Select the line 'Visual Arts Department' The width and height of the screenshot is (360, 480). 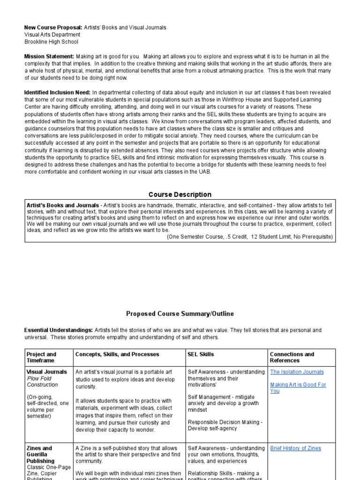(52, 35)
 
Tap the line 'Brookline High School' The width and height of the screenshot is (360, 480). (51, 41)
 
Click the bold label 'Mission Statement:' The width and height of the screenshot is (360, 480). (49, 56)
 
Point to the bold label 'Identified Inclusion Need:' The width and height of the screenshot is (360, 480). (57, 93)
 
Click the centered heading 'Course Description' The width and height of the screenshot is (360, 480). (180, 195)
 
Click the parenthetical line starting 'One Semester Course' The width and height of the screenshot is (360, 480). (249, 237)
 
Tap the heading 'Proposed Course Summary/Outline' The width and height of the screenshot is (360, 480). (180, 314)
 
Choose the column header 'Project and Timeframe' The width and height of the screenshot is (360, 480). (41, 357)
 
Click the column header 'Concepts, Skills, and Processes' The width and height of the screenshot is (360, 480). (117, 354)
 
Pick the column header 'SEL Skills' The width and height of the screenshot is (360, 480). (201, 354)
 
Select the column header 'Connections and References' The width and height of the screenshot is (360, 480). (292, 357)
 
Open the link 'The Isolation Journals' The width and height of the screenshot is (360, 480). (297, 372)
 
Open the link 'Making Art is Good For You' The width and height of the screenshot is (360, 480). (298, 388)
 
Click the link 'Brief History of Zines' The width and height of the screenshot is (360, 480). (295, 448)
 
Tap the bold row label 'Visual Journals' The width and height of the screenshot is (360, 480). (47, 372)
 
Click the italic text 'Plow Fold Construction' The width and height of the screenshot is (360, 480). (43, 382)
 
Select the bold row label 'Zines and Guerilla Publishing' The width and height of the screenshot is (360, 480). (41, 454)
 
